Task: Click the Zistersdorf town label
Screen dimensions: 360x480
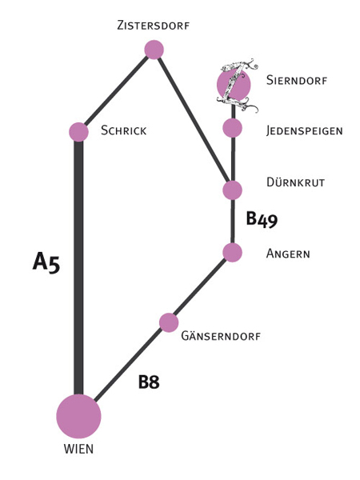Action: pyautogui.click(x=153, y=25)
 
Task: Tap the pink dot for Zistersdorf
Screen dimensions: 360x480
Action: pyautogui.click(x=154, y=50)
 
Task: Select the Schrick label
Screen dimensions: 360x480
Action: pyautogui.click(x=124, y=130)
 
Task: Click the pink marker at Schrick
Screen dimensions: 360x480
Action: pyautogui.click(x=78, y=132)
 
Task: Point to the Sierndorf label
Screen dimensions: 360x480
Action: pyautogui.click(x=297, y=80)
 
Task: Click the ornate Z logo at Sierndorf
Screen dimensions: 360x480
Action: pyautogui.click(x=237, y=85)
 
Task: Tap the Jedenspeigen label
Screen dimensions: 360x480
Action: pyautogui.click(x=304, y=130)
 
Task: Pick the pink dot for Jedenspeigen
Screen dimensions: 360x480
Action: pyautogui.click(x=232, y=128)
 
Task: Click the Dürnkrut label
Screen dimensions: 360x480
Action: pyautogui.click(x=295, y=182)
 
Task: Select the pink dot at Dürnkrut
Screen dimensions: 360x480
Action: pyautogui.click(x=232, y=190)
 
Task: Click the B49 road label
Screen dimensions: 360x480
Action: pyautogui.click(x=262, y=219)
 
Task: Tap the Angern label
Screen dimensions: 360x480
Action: pyautogui.click(x=288, y=254)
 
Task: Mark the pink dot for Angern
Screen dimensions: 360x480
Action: pyautogui.click(x=232, y=253)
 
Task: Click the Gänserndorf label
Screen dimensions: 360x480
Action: pyautogui.click(x=221, y=336)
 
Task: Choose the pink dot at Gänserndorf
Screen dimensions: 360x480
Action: pyautogui.click(x=169, y=322)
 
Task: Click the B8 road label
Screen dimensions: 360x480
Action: pyautogui.click(x=149, y=382)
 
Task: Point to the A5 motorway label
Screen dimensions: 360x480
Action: pyautogui.click(x=46, y=262)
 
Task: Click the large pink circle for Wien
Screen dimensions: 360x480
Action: pyautogui.click(x=78, y=416)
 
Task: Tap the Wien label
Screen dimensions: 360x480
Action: pyautogui.click(x=78, y=449)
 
